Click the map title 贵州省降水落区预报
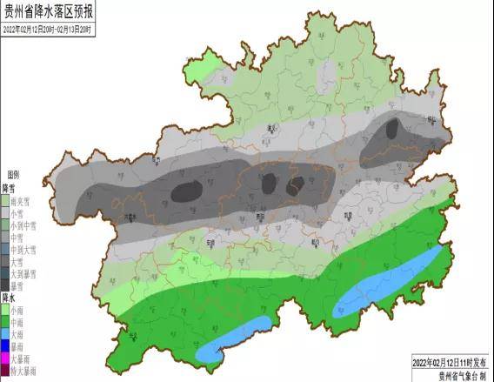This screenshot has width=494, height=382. [x=51, y=12]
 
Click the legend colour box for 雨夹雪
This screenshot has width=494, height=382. [x=5, y=200]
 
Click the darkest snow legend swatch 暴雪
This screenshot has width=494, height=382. [x=5, y=285]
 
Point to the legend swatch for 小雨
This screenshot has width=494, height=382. [x=5, y=309]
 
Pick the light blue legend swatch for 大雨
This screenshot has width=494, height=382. [x=5, y=333]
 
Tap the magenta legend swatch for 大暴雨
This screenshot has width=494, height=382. [x=5, y=358]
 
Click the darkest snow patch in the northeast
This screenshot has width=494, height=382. [x=393, y=130]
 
